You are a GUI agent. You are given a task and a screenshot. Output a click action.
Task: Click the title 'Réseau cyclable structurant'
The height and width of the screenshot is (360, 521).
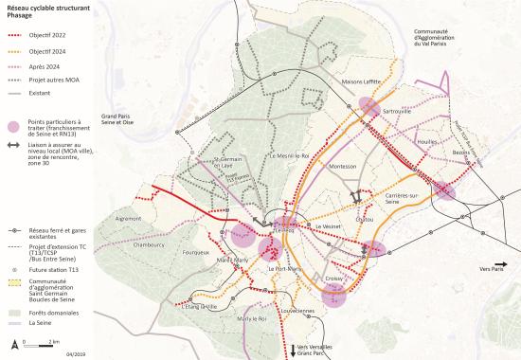[x=45, y=7]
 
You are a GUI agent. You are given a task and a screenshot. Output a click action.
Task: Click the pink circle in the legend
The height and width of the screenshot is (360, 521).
[x=14, y=126]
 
